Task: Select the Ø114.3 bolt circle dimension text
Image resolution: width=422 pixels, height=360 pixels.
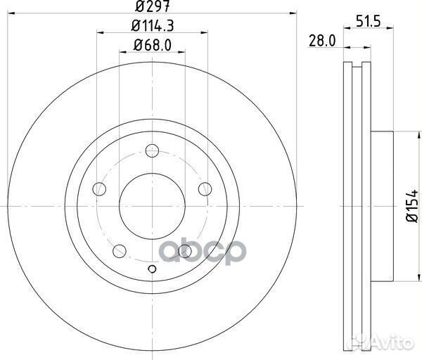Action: click(x=153, y=27)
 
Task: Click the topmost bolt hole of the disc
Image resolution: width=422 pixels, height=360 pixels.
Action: click(x=153, y=149)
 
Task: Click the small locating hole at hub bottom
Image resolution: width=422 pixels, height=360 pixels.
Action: click(x=153, y=269)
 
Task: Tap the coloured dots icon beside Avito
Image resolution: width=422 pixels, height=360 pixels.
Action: click(x=366, y=345)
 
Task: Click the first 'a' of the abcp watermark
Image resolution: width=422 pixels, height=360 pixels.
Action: click(x=174, y=252)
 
